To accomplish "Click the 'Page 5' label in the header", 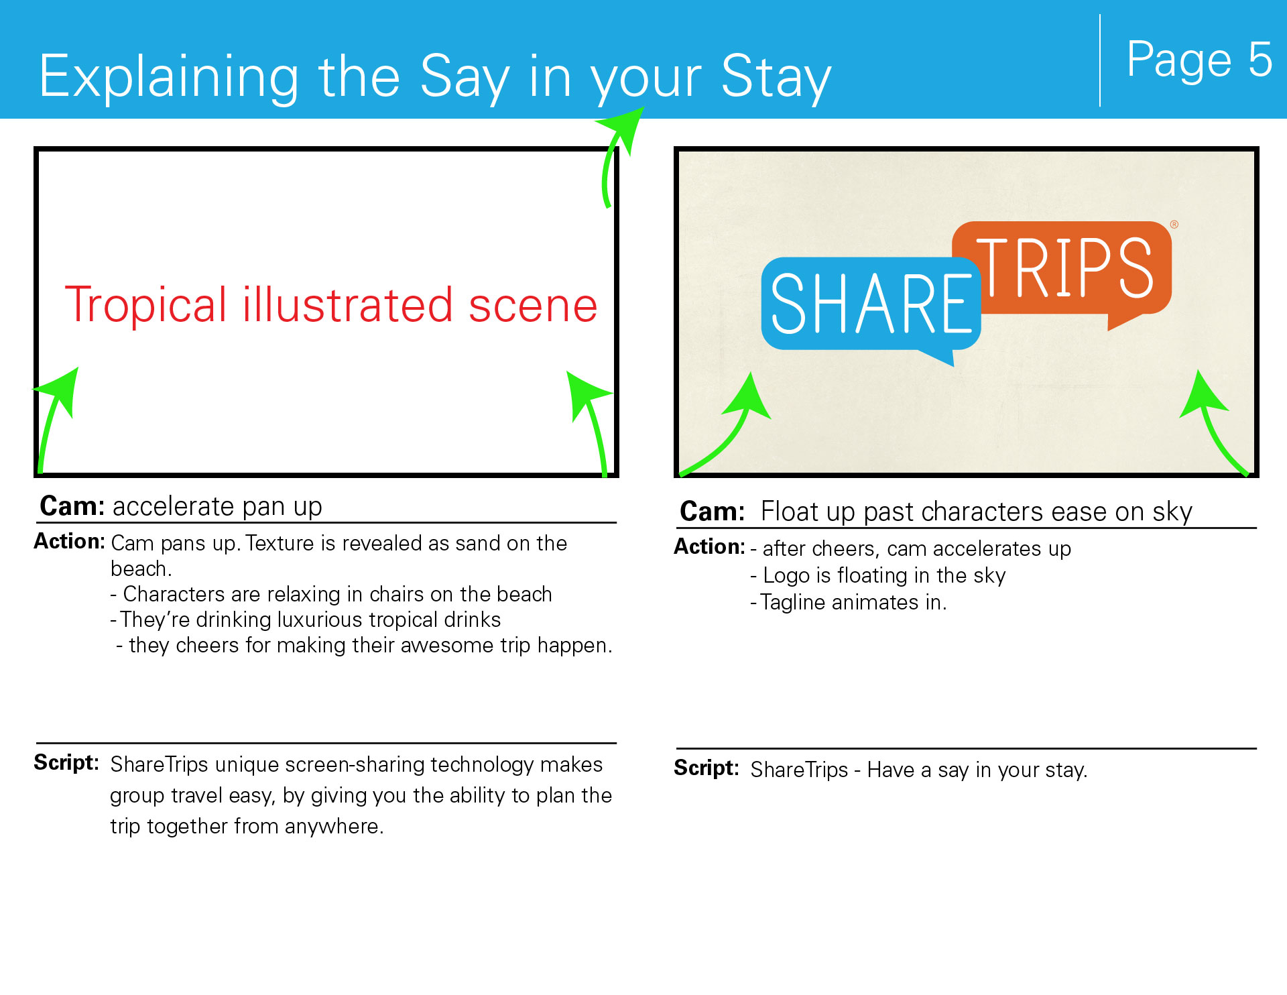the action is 1199,60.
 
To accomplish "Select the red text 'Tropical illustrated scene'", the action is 331,305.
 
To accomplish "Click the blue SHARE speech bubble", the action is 871,308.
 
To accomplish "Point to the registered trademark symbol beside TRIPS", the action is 1174,225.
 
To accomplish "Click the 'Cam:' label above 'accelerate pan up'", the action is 72,506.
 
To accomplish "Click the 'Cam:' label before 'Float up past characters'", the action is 713,512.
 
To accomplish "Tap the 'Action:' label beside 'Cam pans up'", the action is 70,541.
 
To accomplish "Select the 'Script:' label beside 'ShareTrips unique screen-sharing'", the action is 66,762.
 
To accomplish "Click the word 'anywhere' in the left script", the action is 331,827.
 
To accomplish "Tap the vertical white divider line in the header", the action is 1100,60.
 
